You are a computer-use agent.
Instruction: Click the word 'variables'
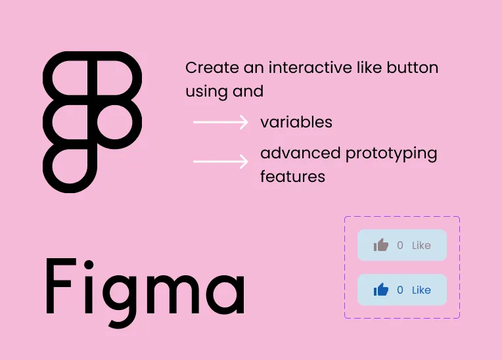(x=296, y=122)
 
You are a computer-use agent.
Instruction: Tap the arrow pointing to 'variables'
(x=220, y=122)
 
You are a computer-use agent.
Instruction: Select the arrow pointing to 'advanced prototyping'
(x=220, y=161)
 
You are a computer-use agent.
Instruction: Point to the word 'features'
(x=292, y=177)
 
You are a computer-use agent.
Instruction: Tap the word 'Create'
(x=208, y=68)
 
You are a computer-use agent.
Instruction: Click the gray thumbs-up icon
(x=381, y=245)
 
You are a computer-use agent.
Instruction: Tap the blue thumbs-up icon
(x=381, y=290)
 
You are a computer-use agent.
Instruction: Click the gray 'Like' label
(x=421, y=246)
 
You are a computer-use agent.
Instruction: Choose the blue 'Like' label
(x=421, y=290)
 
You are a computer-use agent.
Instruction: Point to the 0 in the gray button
(x=400, y=246)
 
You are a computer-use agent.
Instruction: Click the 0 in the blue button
(x=400, y=290)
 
